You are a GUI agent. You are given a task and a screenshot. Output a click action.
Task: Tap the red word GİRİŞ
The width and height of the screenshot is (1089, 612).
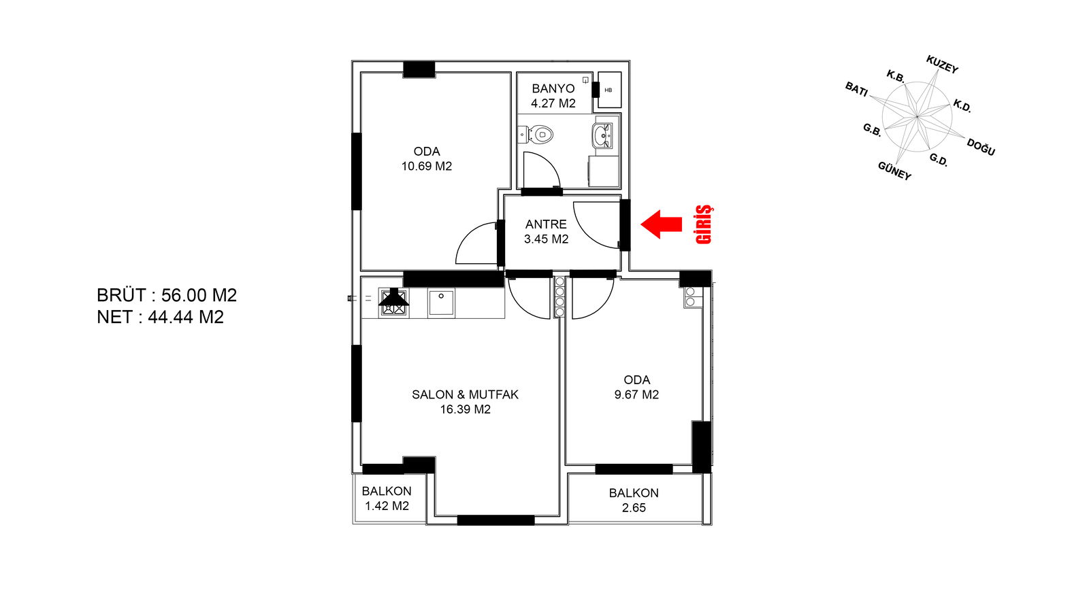tap(704, 224)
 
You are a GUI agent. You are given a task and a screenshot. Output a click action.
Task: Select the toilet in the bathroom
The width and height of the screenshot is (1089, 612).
tap(540, 134)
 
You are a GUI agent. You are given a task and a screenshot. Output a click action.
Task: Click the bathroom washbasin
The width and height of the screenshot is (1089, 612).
tap(602, 135)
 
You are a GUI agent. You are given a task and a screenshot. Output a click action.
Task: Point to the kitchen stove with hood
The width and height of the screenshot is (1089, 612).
tap(394, 301)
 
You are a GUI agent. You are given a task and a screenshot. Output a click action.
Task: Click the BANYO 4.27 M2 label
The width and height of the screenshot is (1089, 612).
tap(553, 96)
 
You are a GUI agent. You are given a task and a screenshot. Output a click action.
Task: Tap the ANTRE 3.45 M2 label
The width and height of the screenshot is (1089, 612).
tap(546, 231)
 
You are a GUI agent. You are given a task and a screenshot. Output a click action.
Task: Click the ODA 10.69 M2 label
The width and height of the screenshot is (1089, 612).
tap(427, 158)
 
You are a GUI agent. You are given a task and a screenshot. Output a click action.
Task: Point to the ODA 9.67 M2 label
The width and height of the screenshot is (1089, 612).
tap(636, 387)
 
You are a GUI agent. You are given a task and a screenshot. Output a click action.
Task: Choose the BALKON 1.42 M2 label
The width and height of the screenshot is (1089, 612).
tap(387, 498)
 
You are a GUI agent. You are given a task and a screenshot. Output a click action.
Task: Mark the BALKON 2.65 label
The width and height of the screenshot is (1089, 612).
tap(634, 500)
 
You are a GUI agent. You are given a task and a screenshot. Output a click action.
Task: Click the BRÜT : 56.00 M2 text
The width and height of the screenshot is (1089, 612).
tap(167, 295)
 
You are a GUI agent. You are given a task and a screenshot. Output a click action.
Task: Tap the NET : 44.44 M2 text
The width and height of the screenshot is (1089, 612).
tap(161, 317)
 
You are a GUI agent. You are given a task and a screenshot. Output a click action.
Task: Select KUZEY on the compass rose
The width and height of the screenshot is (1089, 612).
tap(942, 65)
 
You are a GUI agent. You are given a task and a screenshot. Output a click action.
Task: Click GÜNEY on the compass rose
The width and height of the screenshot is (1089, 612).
tap(894, 171)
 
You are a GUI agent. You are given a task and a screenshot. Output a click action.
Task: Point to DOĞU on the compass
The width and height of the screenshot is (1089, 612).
tap(981, 147)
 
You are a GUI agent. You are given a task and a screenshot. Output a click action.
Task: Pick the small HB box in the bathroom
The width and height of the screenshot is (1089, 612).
tap(608, 90)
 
